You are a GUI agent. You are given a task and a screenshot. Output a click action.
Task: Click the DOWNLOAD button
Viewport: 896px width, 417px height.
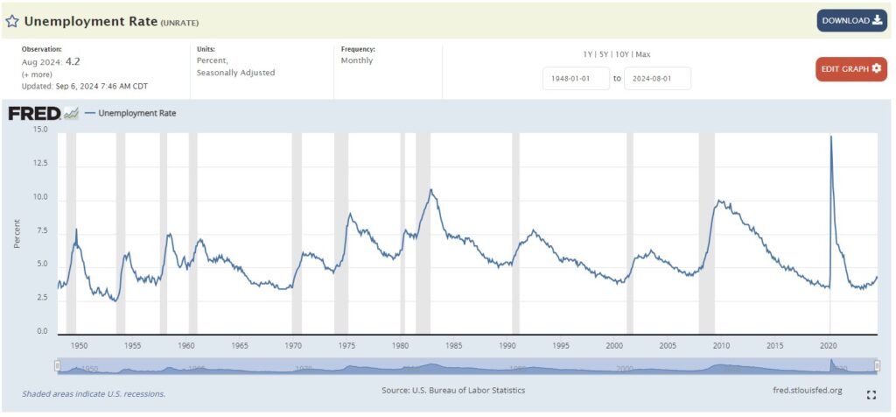(x=851, y=20)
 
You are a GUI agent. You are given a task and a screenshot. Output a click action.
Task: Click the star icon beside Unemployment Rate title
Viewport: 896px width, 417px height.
(x=12, y=20)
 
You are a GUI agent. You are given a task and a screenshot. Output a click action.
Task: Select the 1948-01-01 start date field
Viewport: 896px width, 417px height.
(x=576, y=78)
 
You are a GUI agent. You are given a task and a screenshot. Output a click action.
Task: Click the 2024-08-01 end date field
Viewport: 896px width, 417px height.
(x=657, y=78)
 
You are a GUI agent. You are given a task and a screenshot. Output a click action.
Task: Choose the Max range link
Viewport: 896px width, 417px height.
(x=642, y=54)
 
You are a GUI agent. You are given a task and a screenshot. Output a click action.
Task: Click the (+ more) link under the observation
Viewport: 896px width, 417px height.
(x=37, y=74)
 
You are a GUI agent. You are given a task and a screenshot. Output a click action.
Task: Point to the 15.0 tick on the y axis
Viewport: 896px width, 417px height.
(x=40, y=130)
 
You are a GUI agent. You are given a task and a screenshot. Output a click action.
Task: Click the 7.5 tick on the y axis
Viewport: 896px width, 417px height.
(x=42, y=231)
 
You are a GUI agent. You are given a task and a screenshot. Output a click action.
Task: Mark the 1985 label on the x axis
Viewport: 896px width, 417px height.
(x=454, y=346)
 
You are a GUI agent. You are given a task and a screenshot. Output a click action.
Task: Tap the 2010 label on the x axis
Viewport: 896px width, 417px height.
(x=721, y=346)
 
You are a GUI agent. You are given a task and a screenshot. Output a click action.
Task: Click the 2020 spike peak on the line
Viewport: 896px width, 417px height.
(x=830, y=137)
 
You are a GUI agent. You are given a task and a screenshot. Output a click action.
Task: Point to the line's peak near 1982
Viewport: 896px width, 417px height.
(x=430, y=189)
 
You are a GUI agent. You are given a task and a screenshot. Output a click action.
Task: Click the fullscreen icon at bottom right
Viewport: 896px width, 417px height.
(x=871, y=395)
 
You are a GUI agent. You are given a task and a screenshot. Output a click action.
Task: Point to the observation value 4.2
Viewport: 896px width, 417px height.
(x=73, y=62)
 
